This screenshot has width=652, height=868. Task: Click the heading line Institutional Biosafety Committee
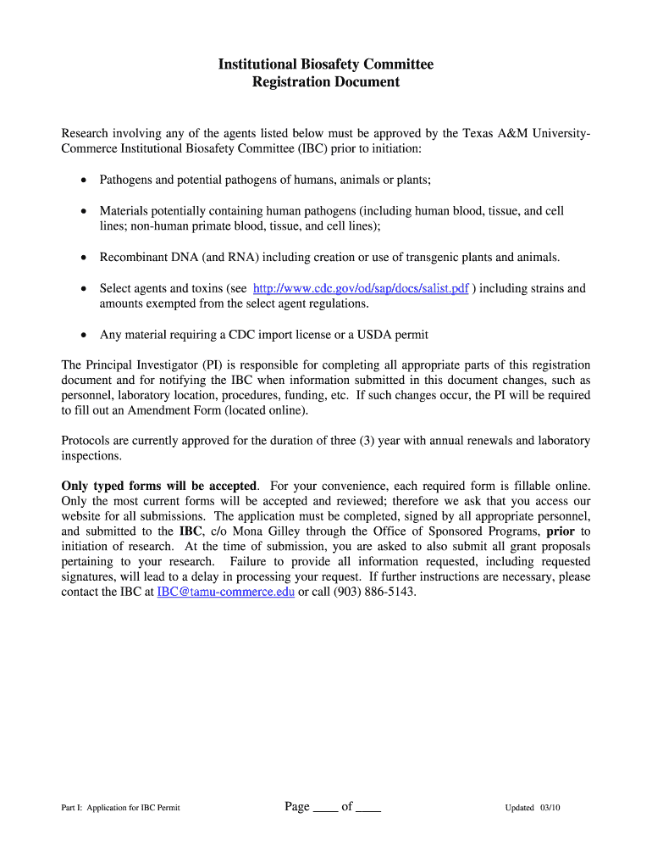[326, 64]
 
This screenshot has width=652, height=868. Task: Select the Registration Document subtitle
[326, 82]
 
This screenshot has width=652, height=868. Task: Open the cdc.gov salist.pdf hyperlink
[361, 288]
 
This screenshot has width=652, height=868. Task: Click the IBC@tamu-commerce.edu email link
[226, 592]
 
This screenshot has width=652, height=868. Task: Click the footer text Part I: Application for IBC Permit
[120, 808]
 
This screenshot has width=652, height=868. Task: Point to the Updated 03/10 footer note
[533, 808]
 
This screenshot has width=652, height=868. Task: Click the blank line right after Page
[325, 809]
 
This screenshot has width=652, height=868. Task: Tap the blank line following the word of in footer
[368, 809]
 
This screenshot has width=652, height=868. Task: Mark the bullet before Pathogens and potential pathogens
[83, 181]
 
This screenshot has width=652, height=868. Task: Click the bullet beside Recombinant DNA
[83, 258]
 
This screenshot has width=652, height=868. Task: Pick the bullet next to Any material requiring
[83, 335]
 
